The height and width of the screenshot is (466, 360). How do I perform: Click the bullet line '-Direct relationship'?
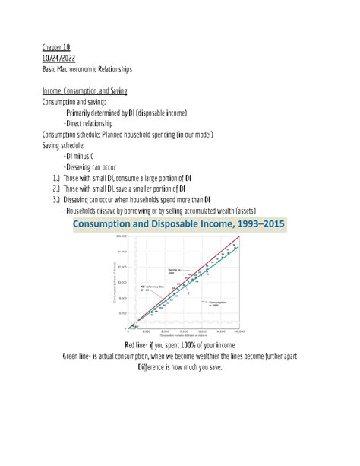point(88,123)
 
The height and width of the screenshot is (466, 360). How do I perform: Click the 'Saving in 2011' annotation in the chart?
point(175,271)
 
